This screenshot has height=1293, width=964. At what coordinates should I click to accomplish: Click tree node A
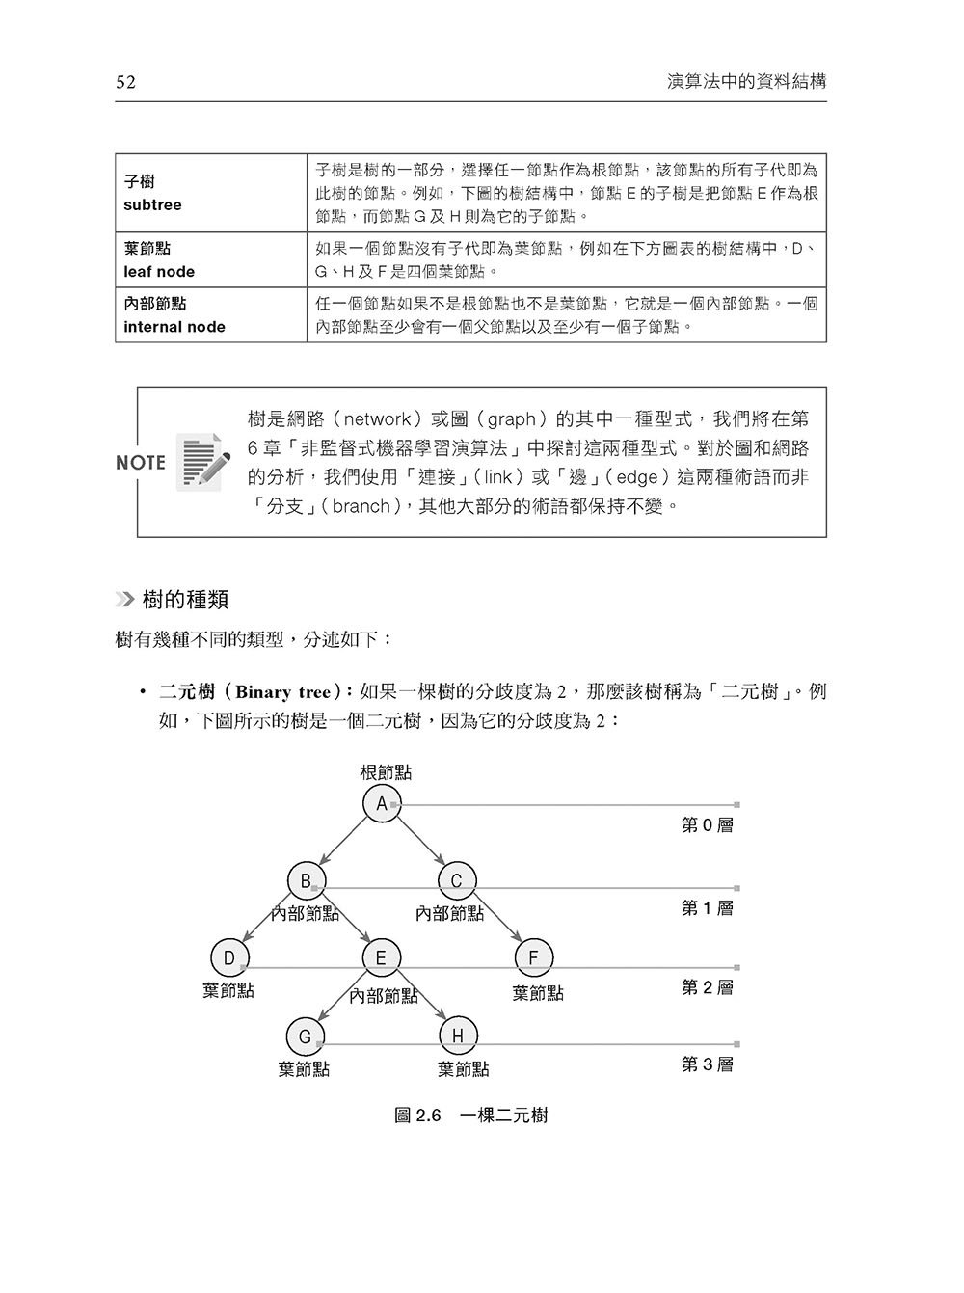[x=382, y=804]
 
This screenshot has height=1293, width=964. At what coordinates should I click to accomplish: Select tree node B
[x=306, y=880]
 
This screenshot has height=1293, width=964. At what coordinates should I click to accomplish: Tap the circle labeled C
[x=457, y=880]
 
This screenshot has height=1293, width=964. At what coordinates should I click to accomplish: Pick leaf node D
[x=229, y=957]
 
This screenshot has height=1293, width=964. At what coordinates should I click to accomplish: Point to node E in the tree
[x=381, y=957]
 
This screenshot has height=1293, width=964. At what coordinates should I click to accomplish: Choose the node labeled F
[x=533, y=957]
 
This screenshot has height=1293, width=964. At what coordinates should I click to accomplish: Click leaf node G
[x=305, y=1037]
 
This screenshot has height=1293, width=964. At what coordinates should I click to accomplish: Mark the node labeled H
[x=458, y=1037]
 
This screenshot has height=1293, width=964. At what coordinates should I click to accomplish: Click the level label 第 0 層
[x=708, y=825]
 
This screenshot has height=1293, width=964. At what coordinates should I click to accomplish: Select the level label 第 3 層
[x=708, y=1064]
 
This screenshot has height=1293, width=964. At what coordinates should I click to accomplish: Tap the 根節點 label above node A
[x=386, y=772]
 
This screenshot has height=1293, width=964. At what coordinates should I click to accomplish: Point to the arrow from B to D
[x=267, y=919]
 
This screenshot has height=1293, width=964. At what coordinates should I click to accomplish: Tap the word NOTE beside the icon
[x=141, y=463]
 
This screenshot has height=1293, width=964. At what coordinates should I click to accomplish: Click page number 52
[x=125, y=82]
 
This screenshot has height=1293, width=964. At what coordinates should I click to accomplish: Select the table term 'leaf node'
[x=159, y=272]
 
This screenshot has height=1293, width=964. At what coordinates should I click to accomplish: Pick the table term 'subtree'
[x=152, y=205]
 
